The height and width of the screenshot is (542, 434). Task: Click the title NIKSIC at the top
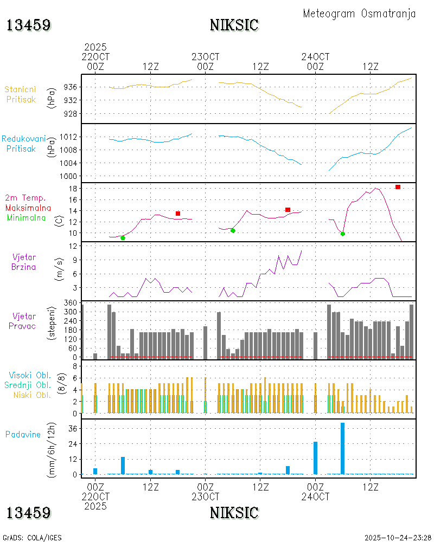coord(234,25)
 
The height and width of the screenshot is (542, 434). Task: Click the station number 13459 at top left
coord(29,25)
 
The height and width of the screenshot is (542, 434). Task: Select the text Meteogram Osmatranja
coord(359,14)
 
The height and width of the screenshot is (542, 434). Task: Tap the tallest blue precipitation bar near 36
coord(342,448)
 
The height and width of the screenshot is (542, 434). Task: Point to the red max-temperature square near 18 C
coord(398,187)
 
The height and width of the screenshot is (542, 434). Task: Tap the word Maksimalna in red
coord(28,208)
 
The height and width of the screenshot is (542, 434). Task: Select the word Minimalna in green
coord(28,218)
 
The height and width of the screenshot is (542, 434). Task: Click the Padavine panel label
coord(23,434)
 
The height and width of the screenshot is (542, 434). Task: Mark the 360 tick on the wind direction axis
coord(71,302)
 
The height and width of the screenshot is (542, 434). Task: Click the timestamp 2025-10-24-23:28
coord(398,538)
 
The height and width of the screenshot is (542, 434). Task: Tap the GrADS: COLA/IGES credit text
coord(32,538)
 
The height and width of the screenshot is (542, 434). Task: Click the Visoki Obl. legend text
coord(30,375)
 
